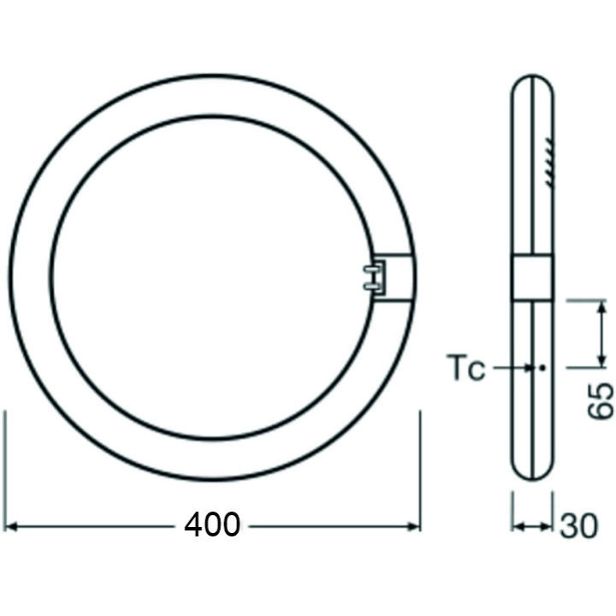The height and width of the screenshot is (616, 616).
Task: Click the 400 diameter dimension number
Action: pos(212,524)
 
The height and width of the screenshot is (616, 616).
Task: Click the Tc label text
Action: pos(466,370)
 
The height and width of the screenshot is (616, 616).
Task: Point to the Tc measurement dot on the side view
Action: pos(542,369)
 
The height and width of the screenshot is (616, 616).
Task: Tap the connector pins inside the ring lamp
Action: pos(369,277)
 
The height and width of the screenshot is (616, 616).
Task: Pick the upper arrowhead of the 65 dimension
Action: pos(596,309)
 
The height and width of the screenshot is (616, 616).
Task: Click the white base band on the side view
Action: pos(532,277)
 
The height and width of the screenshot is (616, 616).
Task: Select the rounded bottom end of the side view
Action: pos(532,472)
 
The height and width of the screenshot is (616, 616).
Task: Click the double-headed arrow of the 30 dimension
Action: pos(532,524)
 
